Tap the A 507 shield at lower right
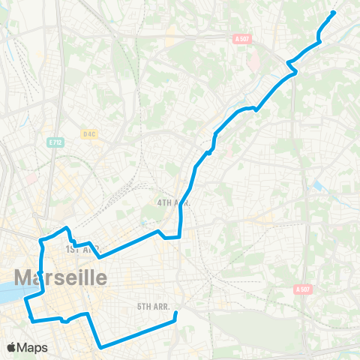(302, 289)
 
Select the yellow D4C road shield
(90, 133)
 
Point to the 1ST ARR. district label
(82, 249)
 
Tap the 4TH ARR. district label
(173, 203)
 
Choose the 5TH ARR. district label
(155, 306)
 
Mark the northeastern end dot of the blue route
(333, 12)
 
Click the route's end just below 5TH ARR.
(175, 316)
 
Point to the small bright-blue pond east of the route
(319, 184)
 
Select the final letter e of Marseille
(100, 277)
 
